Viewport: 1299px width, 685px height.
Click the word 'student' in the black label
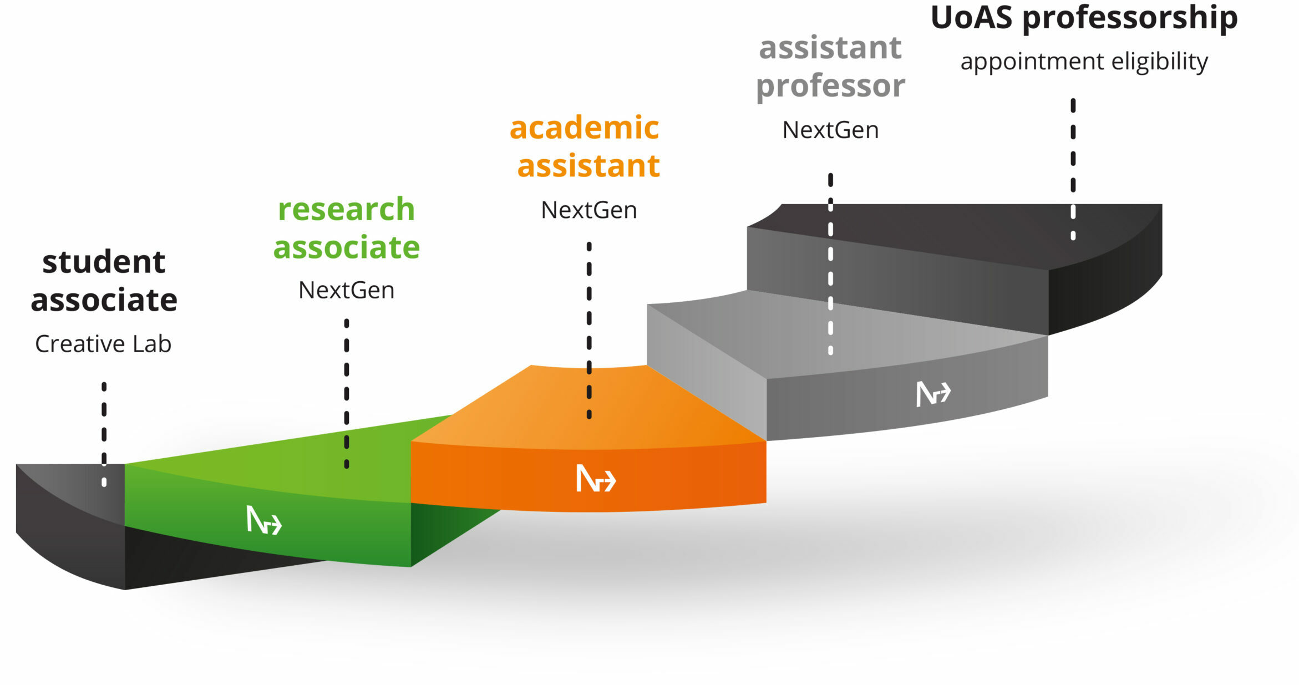[x=104, y=262]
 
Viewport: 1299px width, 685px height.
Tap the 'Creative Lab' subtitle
[x=103, y=344]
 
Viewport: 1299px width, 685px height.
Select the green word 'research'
[x=346, y=210]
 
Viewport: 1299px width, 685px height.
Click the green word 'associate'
[x=347, y=247]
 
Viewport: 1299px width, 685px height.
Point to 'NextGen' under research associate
[x=347, y=290]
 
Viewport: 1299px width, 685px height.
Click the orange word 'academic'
[x=584, y=128]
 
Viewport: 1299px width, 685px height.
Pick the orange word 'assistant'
[x=588, y=166]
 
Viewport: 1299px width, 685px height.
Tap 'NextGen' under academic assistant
[x=589, y=210]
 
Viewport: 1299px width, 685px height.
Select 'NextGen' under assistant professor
[x=830, y=130]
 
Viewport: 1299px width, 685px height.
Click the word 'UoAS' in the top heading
[x=971, y=18]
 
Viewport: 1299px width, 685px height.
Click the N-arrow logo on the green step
[x=264, y=520]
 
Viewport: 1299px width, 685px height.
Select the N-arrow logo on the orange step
[x=596, y=478]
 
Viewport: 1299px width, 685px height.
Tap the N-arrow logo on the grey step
[x=933, y=394]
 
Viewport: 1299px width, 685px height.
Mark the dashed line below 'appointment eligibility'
[x=1073, y=169]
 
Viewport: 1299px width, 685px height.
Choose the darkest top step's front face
[x=897, y=281]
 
